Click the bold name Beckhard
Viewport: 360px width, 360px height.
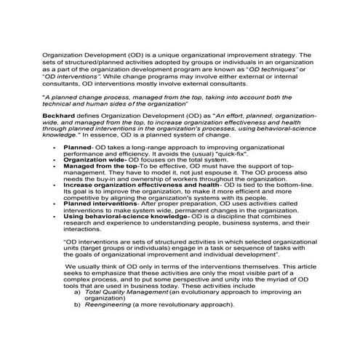point(59,116)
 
